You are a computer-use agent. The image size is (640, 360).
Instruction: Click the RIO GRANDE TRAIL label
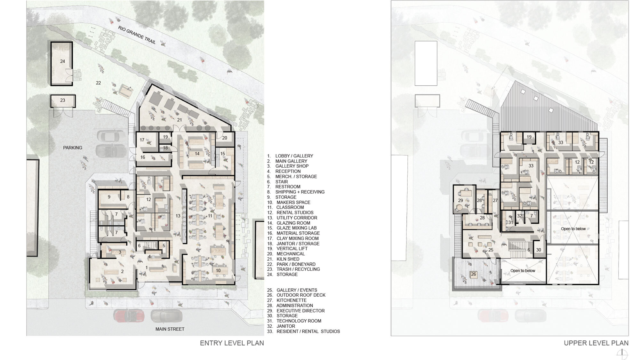click(x=137, y=35)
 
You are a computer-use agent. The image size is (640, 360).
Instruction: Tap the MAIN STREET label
click(x=170, y=329)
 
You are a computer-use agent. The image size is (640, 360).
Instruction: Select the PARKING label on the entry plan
click(x=73, y=148)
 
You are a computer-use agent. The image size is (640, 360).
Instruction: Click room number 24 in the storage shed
click(x=63, y=61)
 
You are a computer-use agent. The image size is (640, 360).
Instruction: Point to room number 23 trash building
click(x=63, y=100)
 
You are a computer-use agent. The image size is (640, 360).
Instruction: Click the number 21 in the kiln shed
click(x=180, y=120)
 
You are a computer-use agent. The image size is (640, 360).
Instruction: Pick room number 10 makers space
click(x=218, y=270)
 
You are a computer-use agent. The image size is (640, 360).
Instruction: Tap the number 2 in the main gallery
click(x=122, y=271)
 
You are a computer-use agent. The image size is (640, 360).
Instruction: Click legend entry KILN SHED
click(x=288, y=259)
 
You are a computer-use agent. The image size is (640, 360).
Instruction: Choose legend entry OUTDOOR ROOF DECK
click(x=301, y=295)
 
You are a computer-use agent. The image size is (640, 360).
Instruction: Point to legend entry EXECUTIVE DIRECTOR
click(x=300, y=311)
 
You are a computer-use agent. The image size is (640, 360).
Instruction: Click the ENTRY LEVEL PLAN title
click(x=232, y=343)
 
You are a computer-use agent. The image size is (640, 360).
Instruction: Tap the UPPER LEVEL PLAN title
click(x=596, y=343)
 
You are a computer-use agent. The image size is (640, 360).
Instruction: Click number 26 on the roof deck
click(x=474, y=274)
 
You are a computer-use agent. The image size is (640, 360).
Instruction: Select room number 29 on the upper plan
click(x=460, y=200)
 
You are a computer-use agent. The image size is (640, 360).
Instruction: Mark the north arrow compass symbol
click(x=622, y=354)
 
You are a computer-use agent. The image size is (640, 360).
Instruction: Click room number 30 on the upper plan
click(x=539, y=250)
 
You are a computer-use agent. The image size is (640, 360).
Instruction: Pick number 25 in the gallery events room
click(x=491, y=250)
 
